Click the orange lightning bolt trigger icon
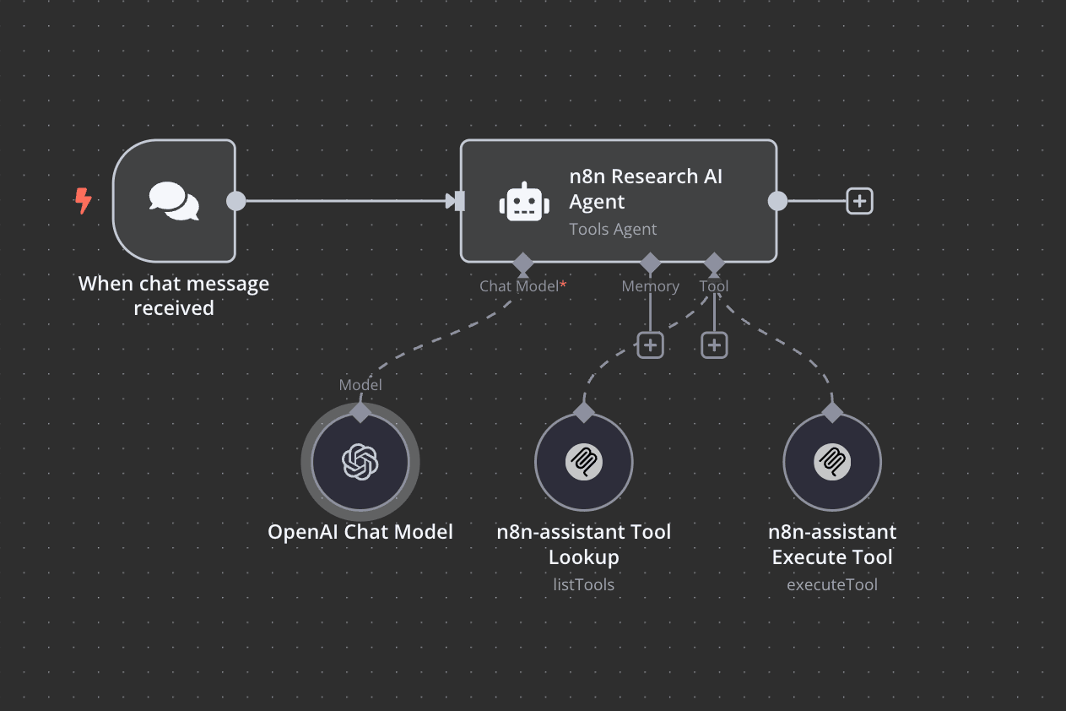pos(83,200)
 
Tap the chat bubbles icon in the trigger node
pos(174,201)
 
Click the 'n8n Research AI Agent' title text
pos(646,189)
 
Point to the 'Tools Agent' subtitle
pos(613,229)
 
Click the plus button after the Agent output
pos(859,201)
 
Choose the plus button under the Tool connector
pos(714,345)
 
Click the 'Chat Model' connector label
pos(519,286)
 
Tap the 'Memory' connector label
pos(650,286)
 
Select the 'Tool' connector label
pos(714,286)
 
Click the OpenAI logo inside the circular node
pos(360,462)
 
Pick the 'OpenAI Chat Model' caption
pos(360,532)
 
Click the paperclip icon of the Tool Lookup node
pos(583,462)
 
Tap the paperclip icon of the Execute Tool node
pos(832,462)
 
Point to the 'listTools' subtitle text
pos(583,584)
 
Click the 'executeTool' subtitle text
pos(832,584)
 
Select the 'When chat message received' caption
pos(174,296)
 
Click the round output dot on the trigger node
pos(236,201)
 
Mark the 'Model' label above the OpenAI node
pos(360,385)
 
